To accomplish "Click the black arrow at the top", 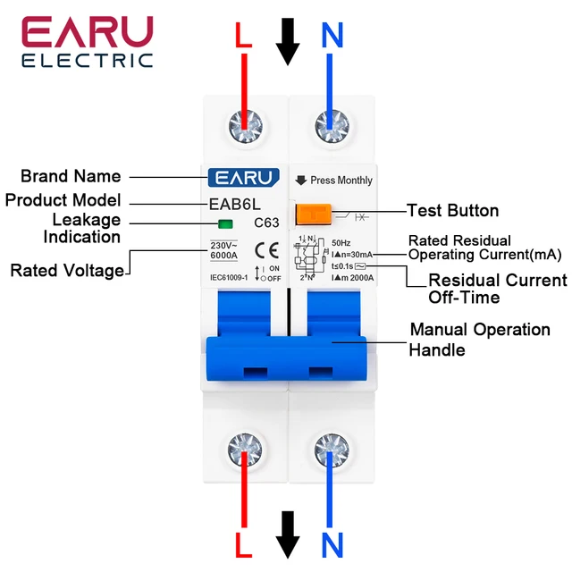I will [x=288, y=39].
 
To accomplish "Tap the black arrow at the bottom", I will [x=288, y=534].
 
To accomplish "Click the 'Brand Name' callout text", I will [x=71, y=176].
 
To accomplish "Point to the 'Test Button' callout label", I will [x=452, y=211].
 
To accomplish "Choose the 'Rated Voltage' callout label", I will [x=67, y=270].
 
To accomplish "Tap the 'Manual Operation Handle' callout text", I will [x=479, y=340].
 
